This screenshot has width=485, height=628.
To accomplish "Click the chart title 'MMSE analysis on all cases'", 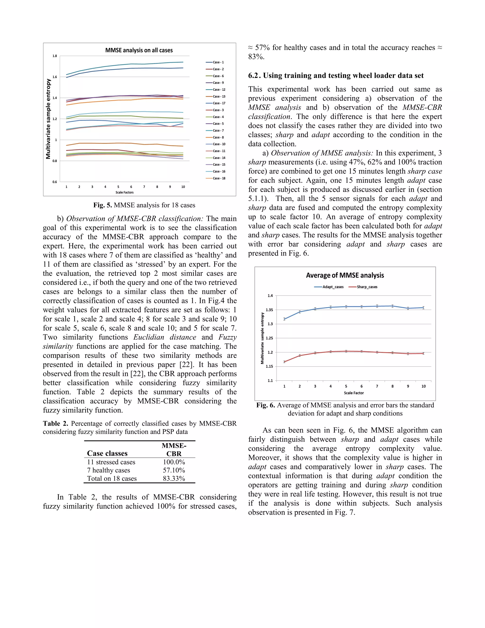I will click(x=139, y=50).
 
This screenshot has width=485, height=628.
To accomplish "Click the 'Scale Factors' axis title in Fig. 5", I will click(x=124, y=192).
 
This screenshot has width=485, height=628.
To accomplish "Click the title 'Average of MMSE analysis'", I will click(x=345, y=275).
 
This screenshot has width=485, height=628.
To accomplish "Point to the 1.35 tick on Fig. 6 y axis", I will click(x=269, y=310).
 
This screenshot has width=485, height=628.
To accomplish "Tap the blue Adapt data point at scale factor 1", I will click(x=284, y=319).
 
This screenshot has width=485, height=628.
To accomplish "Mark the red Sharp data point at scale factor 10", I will click(x=423, y=353).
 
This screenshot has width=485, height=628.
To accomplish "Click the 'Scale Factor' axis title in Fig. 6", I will click(x=354, y=393).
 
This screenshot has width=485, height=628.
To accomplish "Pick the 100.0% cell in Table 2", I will click(x=174, y=462).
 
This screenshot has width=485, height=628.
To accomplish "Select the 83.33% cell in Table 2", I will click(x=174, y=478).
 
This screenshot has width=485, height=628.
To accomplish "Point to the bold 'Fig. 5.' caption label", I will click(x=103, y=205).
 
